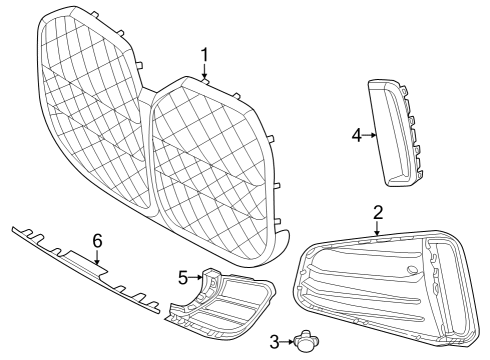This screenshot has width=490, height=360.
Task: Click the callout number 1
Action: pos(204,54)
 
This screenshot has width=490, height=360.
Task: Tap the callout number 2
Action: pos(378,212)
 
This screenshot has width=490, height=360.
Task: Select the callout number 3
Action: pos(275,342)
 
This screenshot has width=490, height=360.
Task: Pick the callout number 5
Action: pos(183,276)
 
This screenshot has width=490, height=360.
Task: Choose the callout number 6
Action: pos(97,241)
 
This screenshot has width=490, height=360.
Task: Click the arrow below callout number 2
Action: pos(378,228)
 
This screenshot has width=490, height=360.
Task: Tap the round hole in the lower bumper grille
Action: pos(413,271)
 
